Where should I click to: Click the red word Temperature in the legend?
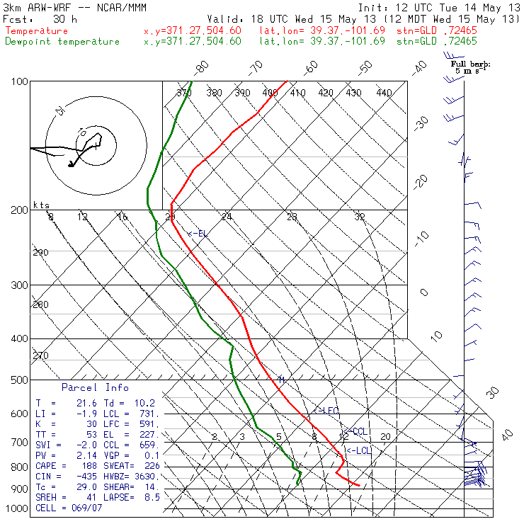[37, 31]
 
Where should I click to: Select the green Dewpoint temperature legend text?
[62, 41]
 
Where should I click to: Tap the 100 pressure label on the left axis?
[19, 82]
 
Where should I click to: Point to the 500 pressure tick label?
[19, 380]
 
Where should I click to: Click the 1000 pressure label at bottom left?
[17, 508]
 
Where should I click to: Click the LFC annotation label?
[327, 411]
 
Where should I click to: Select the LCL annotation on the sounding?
[359, 450]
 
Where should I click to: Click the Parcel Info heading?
[95, 388]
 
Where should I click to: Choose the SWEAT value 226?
[151, 466]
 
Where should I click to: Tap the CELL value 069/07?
[82, 508]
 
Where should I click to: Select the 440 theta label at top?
[384, 93]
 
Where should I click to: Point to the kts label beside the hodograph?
[41, 205]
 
